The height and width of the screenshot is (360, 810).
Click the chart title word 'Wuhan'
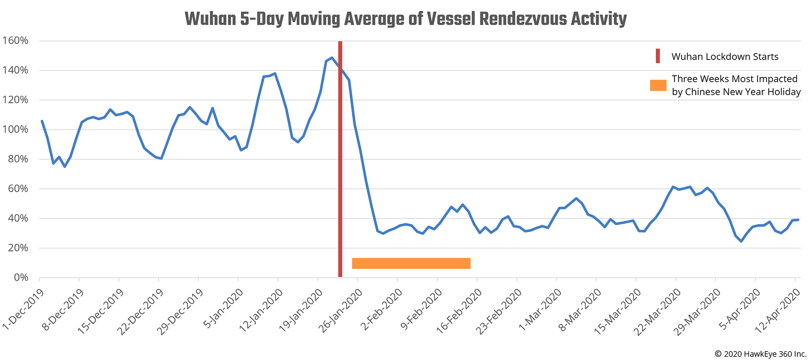211,19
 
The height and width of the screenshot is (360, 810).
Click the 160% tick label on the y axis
15,41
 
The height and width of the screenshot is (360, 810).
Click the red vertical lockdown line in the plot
340,162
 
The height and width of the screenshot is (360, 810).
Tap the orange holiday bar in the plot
411,263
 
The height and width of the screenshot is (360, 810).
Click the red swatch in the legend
658,56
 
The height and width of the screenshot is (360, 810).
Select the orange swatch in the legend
658,85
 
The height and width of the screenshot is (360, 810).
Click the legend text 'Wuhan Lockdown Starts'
725,57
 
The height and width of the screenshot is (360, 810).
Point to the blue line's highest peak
332,58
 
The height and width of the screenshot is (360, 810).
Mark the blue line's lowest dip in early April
741,241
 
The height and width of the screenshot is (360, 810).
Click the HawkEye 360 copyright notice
761,354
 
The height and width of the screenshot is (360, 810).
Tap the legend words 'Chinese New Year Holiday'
743,92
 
